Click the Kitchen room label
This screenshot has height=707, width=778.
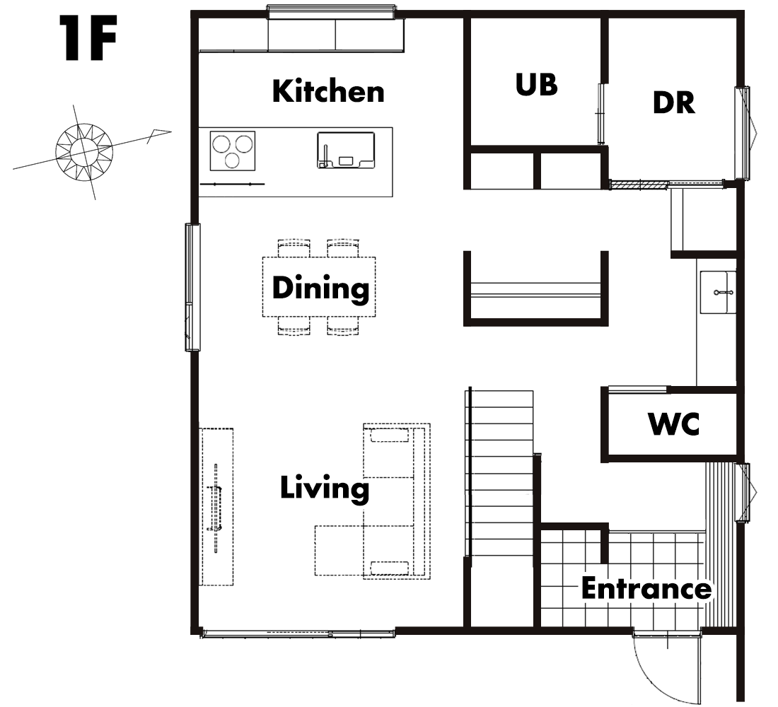pyautogui.click(x=328, y=91)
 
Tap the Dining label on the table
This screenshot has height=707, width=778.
pyautogui.click(x=320, y=288)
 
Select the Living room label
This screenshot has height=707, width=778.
pyautogui.click(x=325, y=489)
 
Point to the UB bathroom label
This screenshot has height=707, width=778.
pyautogui.click(x=536, y=84)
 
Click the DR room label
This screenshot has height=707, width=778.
pyautogui.click(x=674, y=103)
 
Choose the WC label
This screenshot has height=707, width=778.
pyautogui.click(x=674, y=423)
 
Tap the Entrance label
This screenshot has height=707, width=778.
pyautogui.click(x=646, y=588)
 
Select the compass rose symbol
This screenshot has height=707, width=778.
pyautogui.click(x=84, y=152)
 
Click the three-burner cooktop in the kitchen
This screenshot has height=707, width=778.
pyautogui.click(x=232, y=151)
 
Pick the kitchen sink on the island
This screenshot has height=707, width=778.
pyautogui.click(x=346, y=150)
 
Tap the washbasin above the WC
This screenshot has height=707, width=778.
pyautogui.click(x=717, y=292)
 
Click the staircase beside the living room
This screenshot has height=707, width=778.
pyautogui.click(x=499, y=474)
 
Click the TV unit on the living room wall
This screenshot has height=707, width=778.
pyautogui.click(x=216, y=506)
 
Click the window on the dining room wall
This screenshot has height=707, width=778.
pyautogui.click(x=192, y=287)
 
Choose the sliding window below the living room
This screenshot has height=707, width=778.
pyautogui.click(x=298, y=633)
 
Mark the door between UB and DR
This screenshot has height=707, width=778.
pyautogui.click(x=601, y=114)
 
